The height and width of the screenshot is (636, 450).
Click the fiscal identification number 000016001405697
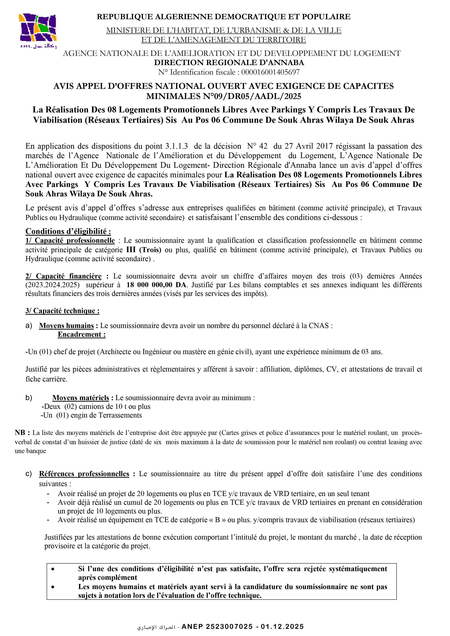click(270, 72)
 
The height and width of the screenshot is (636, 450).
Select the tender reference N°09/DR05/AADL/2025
click(252, 96)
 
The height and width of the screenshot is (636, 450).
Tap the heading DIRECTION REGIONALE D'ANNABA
click(229, 63)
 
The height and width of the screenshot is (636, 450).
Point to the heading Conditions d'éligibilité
click(68, 231)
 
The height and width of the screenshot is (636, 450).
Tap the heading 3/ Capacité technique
click(62, 311)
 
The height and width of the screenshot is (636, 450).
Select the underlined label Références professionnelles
click(84, 474)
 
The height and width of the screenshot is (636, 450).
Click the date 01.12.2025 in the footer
click(282, 627)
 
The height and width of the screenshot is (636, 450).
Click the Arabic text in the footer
click(156, 627)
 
